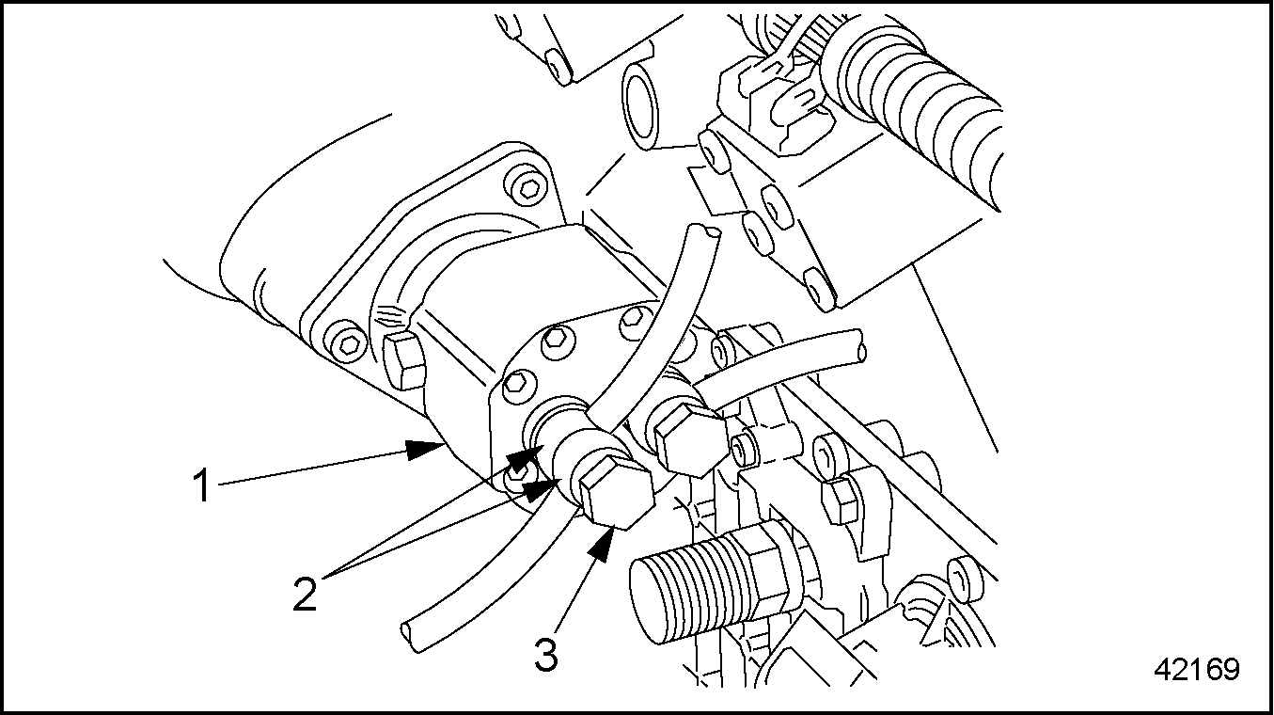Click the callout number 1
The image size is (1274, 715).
click(x=201, y=485)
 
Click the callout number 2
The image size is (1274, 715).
click(x=305, y=594)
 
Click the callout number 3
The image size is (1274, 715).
click(x=546, y=654)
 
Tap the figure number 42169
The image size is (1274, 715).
click(x=1197, y=670)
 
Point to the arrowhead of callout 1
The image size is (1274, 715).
click(x=425, y=450)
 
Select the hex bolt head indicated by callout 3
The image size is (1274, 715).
click(x=617, y=493)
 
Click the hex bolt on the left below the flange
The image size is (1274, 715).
click(x=403, y=361)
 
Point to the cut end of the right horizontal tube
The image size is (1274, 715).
click(x=861, y=346)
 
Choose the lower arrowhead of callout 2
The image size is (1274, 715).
click(x=541, y=488)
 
